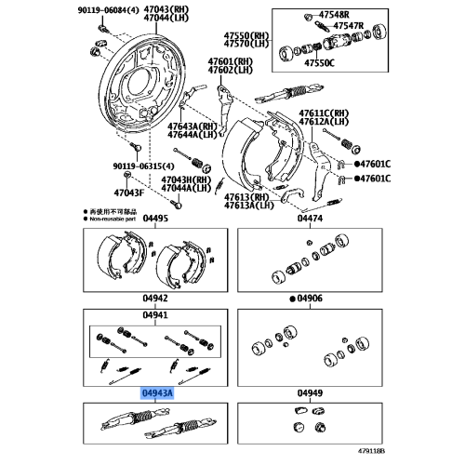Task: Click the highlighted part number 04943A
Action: pyautogui.click(x=155, y=393)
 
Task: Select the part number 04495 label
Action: pyautogui.click(x=155, y=219)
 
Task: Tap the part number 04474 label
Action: pyautogui.click(x=310, y=219)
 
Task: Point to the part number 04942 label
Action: pyautogui.click(x=155, y=299)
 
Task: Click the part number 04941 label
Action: pyautogui.click(x=155, y=314)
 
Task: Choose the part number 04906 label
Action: pyautogui.click(x=311, y=299)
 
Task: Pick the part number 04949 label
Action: pyautogui.click(x=310, y=393)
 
